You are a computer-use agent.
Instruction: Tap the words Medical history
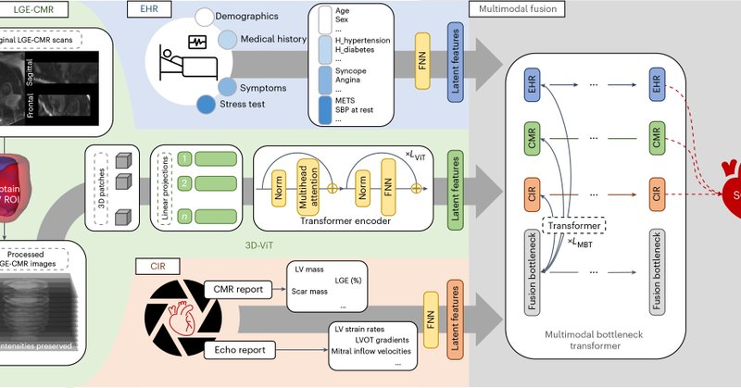click(275, 39)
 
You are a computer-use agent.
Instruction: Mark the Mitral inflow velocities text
click(376, 350)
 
